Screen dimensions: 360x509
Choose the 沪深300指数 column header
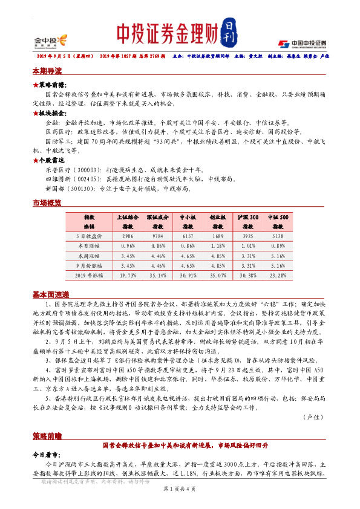pos(248,221)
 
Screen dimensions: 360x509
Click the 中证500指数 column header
pos(278,221)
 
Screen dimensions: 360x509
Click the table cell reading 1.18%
pos(218,246)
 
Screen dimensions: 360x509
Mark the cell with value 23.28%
pos(278,275)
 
